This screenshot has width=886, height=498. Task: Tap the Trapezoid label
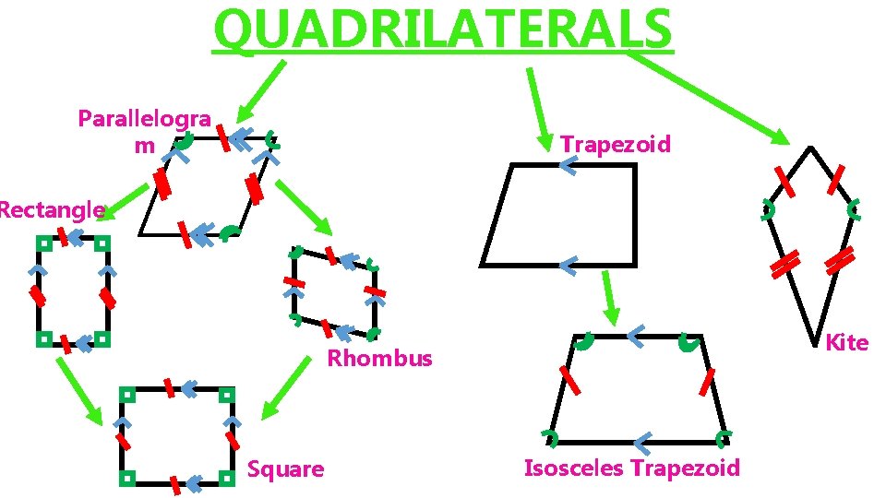point(616,145)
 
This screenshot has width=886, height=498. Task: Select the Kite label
point(846,343)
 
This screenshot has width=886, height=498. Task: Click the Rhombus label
point(379,359)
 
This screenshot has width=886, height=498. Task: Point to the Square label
point(286,469)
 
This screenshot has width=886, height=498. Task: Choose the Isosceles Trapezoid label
point(631,468)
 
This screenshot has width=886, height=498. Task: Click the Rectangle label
point(50,210)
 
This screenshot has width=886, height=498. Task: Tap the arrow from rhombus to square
point(286,387)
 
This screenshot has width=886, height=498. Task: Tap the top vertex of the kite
point(809,147)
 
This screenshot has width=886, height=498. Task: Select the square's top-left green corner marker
point(126,394)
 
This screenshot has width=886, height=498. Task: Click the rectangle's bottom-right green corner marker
point(103,339)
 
